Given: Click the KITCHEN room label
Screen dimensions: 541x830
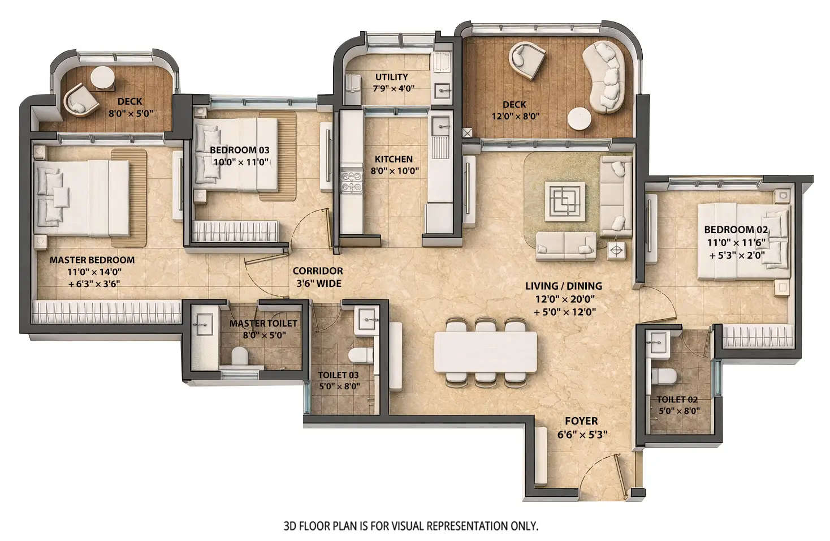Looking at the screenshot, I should click(x=394, y=160).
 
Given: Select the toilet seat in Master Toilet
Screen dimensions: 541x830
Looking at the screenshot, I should click(x=240, y=356).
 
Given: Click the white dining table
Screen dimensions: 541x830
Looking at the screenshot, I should click(x=485, y=351).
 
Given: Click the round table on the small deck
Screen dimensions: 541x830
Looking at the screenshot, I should click(x=102, y=78).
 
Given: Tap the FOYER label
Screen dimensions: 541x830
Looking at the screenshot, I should click(x=581, y=421).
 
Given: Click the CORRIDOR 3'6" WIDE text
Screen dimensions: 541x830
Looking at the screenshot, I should click(x=317, y=277).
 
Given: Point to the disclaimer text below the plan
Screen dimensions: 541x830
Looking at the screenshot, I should click(x=410, y=526).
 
